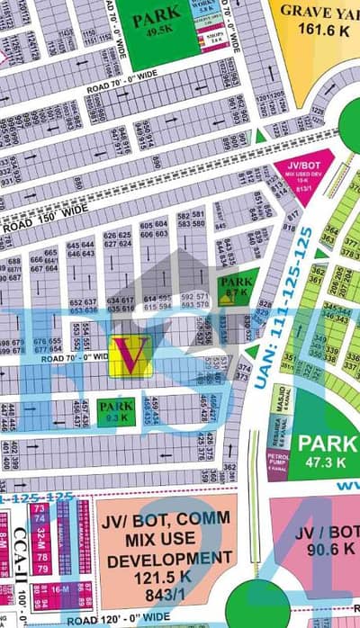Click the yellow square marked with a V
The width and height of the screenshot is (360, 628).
130,355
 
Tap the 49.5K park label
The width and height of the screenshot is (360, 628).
156,25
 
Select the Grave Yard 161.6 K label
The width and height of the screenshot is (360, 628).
315,20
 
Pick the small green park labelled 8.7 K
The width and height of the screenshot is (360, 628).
236,287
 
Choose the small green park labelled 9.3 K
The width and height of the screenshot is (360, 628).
116,411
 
